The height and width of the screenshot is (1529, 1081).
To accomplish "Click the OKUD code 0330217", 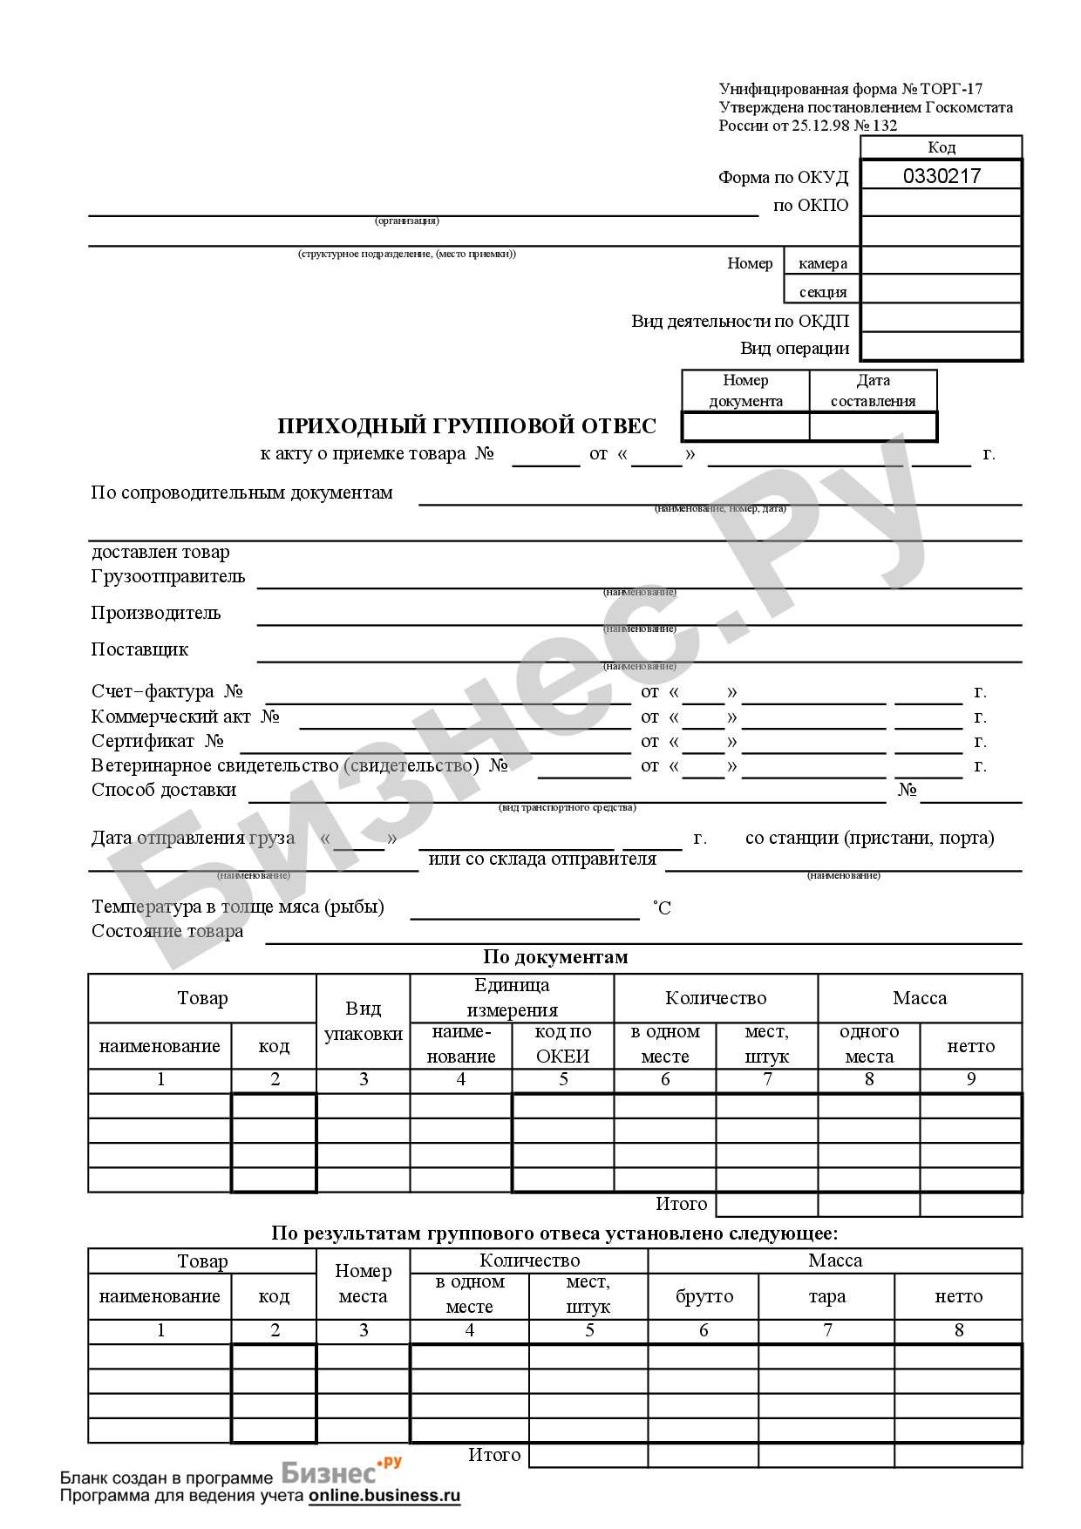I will [942, 176].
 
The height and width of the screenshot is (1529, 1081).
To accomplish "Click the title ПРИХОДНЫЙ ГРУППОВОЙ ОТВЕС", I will [466, 426].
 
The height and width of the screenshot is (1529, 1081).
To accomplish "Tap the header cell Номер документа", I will [745, 391].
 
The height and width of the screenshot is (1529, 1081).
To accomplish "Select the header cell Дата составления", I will [873, 391].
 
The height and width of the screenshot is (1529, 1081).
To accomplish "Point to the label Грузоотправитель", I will [168, 576].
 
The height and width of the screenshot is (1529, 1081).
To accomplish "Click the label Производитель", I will [156, 613].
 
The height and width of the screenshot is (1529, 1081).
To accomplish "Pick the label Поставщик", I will [139, 649].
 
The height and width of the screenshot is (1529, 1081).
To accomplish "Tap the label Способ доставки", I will [164, 790].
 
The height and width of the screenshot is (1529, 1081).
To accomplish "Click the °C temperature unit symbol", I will [662, 908].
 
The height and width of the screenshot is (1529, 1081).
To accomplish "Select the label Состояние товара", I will [167, 931].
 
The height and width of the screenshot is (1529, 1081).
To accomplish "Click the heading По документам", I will [555, 957].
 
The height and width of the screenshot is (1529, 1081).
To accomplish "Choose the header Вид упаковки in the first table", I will [363, 1021].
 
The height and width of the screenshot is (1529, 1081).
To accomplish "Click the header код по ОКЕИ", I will [562, 1044].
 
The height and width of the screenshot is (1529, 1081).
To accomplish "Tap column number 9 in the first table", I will [970, 1079].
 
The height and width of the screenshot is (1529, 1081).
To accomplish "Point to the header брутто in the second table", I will [704, 1296].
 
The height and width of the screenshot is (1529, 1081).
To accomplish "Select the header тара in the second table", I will [826, 1296].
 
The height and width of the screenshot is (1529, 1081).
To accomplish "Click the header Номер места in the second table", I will [363, 1283].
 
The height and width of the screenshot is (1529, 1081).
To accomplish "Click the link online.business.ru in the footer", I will [384, 1495].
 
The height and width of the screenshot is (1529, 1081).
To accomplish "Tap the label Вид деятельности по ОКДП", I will [740, 321].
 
